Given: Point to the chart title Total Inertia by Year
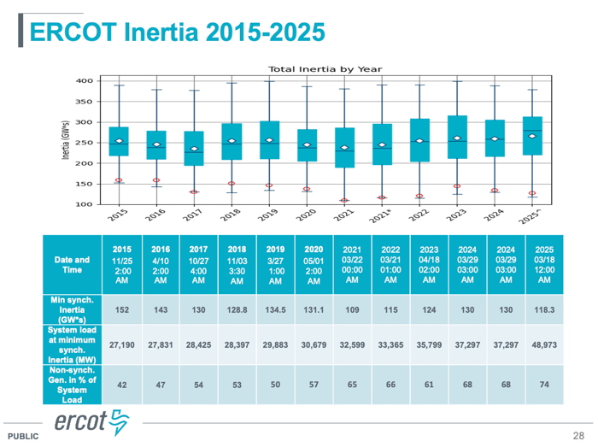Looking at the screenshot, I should (325, 69).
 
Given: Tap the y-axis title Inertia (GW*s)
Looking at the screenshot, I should (65, 143).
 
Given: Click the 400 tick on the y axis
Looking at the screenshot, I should (84, 80).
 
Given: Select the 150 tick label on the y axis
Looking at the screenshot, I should (84, 184).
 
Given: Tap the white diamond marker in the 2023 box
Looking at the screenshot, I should (458, 138).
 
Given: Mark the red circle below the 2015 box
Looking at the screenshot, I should (120, 180).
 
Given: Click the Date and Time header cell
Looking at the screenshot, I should (72, 266).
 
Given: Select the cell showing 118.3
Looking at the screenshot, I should (543, 309).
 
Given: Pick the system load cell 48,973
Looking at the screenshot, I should (543, 346).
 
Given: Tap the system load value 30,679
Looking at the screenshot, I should (314, 346).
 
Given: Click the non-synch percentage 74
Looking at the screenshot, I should (543, 385).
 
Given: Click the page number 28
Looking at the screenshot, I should (578, 434).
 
